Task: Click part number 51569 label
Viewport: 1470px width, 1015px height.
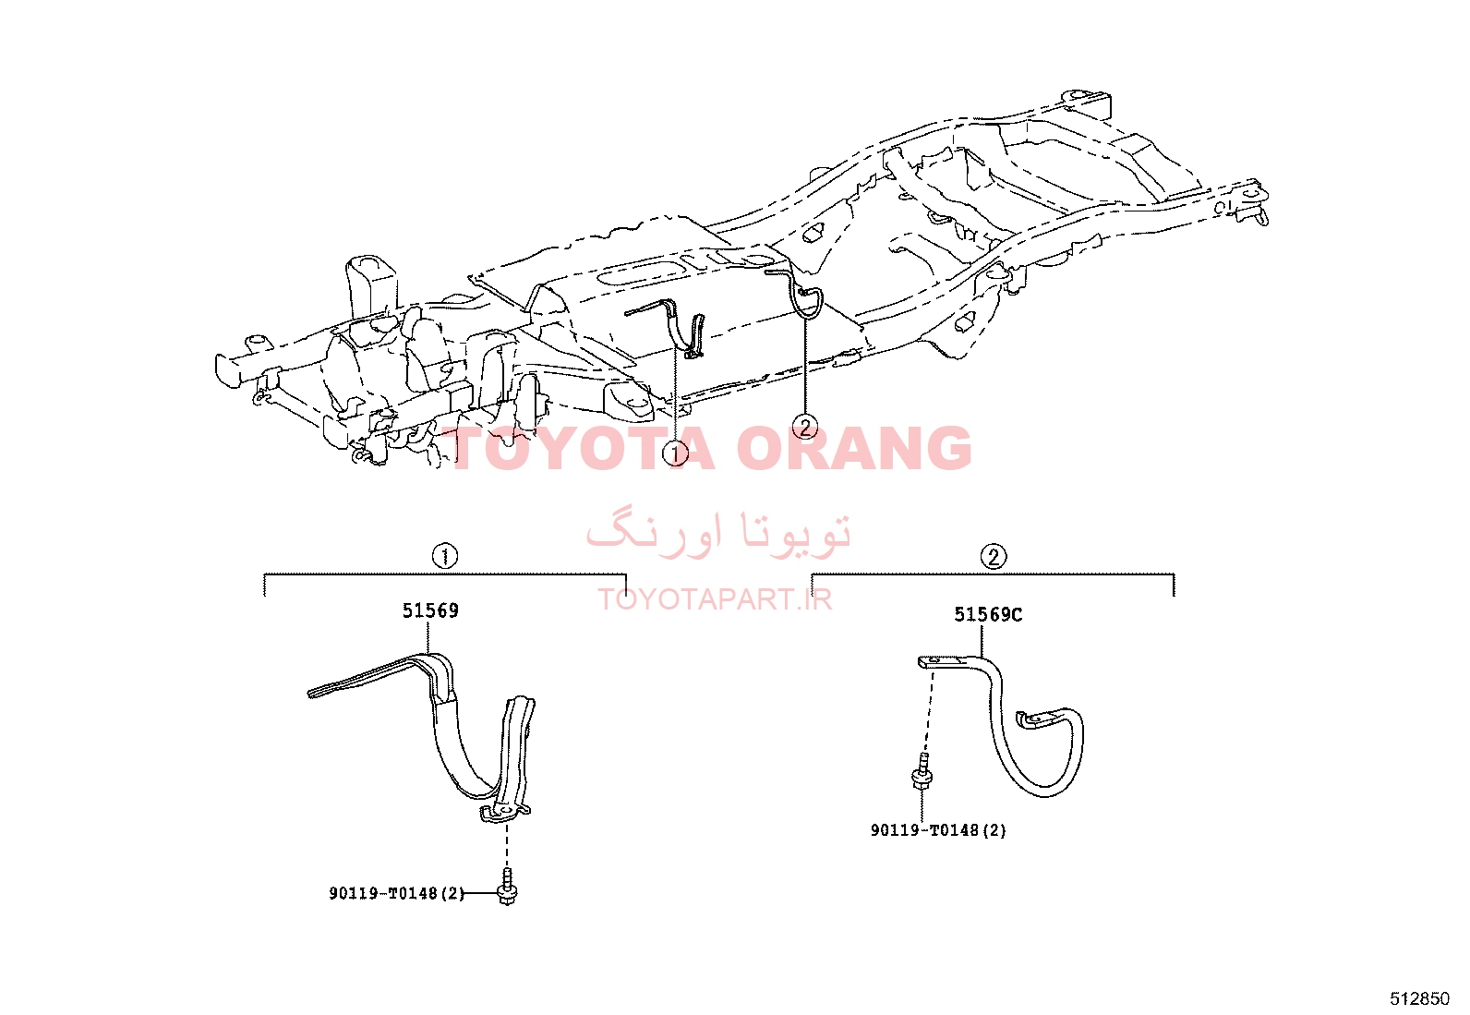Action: [430, 610]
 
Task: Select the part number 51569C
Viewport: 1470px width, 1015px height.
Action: [988, 614]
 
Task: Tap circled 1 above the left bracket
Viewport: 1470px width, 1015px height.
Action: [445, 556]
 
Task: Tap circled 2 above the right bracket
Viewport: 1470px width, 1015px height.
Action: [993, 557]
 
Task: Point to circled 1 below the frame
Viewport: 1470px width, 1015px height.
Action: [675, 453]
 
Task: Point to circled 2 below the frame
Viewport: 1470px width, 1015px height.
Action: [805, 428]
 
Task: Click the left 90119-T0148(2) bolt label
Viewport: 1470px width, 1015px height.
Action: [396, 893]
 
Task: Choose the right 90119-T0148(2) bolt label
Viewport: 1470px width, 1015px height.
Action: [938, 830]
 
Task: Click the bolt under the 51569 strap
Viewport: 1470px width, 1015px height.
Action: [507, 887]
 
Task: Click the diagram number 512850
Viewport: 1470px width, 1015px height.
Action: [1419, 998]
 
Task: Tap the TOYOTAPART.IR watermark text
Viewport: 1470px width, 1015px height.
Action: [715, 599]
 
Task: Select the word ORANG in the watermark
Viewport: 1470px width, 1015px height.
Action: [853, 448]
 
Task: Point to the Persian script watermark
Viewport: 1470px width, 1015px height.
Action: [718, 533]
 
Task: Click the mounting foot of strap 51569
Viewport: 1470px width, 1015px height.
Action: [504, 814]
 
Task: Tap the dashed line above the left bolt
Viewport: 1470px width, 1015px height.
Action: [507, 845]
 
